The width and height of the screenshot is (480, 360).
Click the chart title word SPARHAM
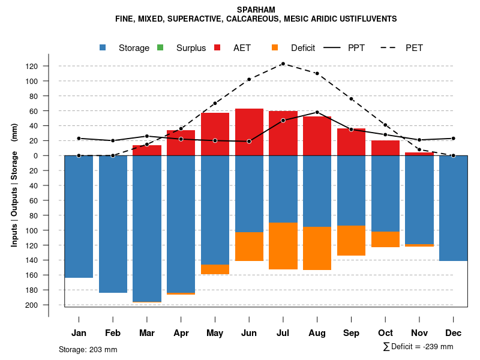tap(256, 10)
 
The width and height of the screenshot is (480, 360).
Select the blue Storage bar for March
tap(147, 228)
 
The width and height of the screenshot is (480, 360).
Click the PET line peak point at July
tap(283, 64)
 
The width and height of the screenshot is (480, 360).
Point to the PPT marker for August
tap(317, 112)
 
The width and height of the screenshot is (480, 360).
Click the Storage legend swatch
tap(103, 48)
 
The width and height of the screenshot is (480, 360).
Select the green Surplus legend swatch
tap(160, 48)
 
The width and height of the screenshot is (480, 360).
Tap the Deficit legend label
tap(303, 48)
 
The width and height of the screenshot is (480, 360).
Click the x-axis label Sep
tap(351, 333)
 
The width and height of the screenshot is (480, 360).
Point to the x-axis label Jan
tap(79, 333)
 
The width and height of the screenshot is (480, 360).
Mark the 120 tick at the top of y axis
tap(32, 66)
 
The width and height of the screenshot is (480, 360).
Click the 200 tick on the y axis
tap(32, 305)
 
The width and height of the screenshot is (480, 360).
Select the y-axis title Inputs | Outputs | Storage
tap(14, 184)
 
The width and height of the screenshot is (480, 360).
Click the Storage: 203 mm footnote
tap(88, 349)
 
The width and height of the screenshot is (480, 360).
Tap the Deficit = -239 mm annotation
tap(418, 347)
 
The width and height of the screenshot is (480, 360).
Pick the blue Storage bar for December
tap(454, 208)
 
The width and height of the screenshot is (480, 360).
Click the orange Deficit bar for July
tap(283, 246)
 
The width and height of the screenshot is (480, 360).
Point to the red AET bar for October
tap(385, 148)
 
